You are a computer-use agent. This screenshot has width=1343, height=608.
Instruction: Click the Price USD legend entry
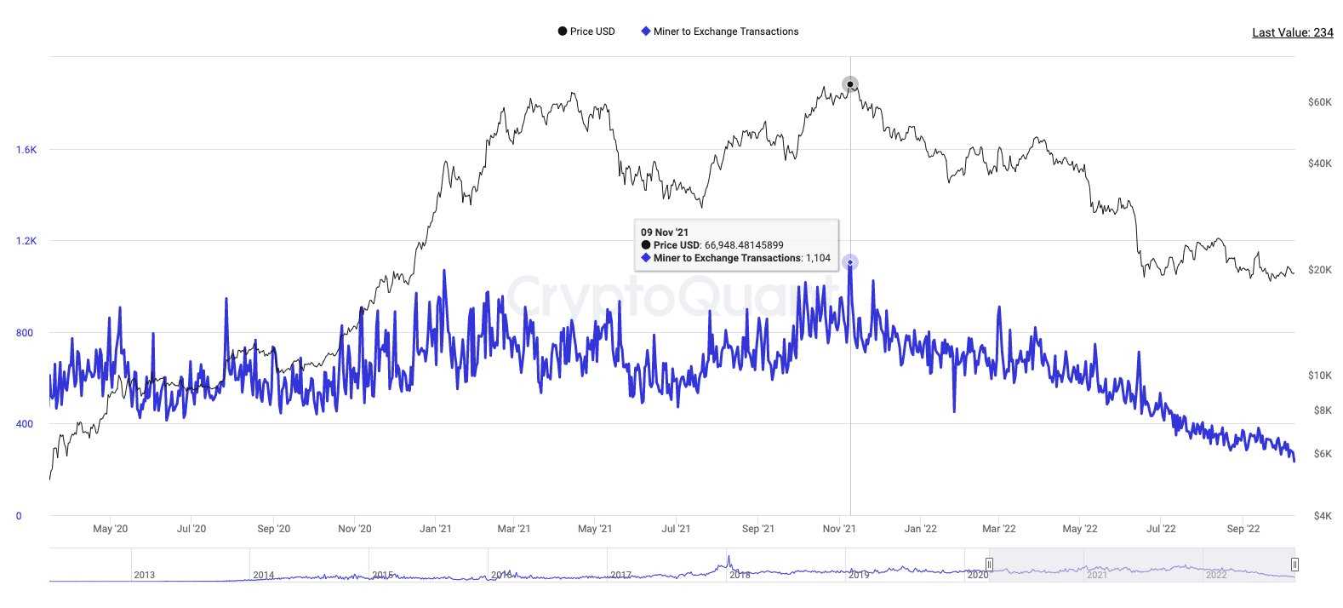click(x=586, y=32)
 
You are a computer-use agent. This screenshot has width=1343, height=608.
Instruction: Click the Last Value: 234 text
click(x=1292, y=32)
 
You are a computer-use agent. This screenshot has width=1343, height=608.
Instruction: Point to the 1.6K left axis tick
click(x=26, y=150)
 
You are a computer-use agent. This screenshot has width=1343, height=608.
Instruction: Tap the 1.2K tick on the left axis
click(x=26, y=241)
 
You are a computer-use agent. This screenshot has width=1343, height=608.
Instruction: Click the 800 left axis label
click(x=25, y=333)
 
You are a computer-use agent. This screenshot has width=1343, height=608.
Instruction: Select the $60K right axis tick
click(x=1319, y=102)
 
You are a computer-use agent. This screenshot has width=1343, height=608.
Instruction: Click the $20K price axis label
click(x=1319, y=270)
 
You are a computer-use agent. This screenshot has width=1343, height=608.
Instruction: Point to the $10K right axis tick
click(x=1319, y=376)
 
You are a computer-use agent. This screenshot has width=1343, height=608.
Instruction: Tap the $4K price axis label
click(x=1322, y=516)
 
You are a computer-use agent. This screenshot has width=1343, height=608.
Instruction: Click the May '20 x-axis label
click(x=110, y=529)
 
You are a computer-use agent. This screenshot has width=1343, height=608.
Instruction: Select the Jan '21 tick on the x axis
click(x=436, y=529)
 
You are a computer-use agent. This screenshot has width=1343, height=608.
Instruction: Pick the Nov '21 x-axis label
click(x=839, y=529)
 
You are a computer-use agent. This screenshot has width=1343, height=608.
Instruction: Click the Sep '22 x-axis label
click(x=1243, y=529)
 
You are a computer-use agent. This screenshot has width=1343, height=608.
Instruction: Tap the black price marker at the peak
click(x=850, y=84)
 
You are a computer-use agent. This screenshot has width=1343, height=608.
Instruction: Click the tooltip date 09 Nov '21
click(x=665, y=232)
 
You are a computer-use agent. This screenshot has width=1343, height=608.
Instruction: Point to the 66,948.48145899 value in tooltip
click(x=744, y=245)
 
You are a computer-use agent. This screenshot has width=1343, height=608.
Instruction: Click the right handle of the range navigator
click(x=1294, y=564)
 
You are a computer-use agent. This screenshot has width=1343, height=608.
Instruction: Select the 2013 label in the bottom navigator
click(x=145, y=575)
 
